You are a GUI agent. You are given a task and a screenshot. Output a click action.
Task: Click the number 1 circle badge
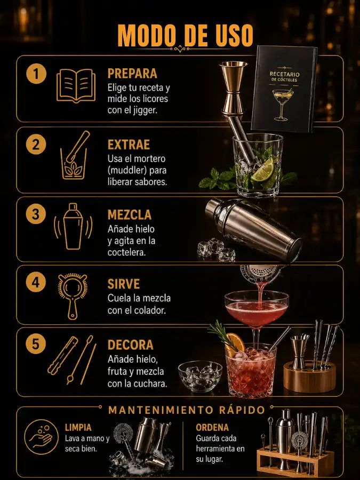(x=36, y=74)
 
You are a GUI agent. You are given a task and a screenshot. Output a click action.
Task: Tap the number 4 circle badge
(x=36, y=282)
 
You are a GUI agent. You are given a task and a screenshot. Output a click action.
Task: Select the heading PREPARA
(x=132, y=74)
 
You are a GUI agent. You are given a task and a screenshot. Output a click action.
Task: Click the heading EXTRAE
(x=129, y=145)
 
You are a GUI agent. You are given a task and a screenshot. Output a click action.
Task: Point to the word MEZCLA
(x=130, y=215)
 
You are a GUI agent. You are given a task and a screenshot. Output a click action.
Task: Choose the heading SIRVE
(x=124, y=284)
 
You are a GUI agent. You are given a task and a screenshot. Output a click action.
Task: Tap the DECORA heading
(x=131, y=345)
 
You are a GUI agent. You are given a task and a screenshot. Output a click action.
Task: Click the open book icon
(x=76, y=86)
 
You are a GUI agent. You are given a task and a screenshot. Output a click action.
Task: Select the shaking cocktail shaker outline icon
(x=73, y=227)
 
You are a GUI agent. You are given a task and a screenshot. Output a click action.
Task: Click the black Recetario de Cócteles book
(x=284, y=89)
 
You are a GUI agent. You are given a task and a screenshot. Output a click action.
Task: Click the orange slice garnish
(x=236, y=343)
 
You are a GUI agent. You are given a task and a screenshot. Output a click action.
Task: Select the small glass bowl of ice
(x=200, y=376)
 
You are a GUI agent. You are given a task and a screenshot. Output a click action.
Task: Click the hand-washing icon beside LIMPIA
(x=41, y=437)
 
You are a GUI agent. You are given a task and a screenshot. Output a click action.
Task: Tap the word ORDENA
(x=212, y=427)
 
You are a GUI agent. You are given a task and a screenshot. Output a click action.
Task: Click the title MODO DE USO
(x=185, y=36)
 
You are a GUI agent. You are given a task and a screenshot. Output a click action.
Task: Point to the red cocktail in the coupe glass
(x=257, y=312)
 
